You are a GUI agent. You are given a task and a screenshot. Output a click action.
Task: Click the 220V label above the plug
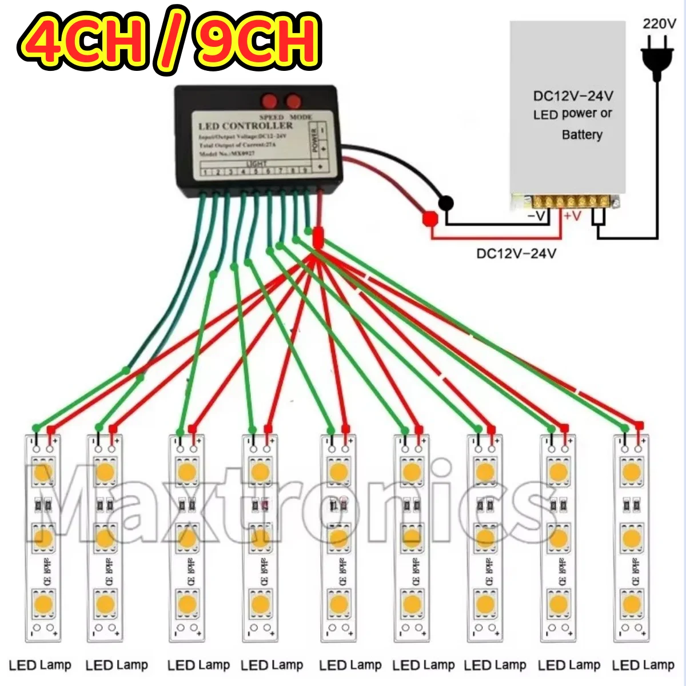(659, 23)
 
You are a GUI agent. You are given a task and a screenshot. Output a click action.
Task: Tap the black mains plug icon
(657, 58)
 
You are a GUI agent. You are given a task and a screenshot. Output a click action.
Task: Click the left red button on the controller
(269, 101)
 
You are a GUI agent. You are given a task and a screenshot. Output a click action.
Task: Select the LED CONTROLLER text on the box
(245, 126)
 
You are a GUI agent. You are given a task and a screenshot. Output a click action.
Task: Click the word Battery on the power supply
(582, 135)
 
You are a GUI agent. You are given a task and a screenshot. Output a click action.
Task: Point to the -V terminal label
(537, 216)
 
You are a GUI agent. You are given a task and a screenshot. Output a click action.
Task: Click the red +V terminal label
(572, 216)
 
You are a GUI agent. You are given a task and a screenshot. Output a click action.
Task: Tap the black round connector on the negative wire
(446, 203)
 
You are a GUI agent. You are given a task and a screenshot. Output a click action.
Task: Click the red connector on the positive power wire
(429, 218)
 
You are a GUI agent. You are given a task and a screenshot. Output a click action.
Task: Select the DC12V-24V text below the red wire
(516, 253)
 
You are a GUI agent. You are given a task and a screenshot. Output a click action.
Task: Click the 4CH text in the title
(86, 40)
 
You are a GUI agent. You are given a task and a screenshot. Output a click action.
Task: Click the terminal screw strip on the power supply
(572, 201)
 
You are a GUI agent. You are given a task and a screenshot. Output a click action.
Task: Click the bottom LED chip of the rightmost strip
(631, 603)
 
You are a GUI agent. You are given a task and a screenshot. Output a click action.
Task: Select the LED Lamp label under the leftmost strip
(40, 665)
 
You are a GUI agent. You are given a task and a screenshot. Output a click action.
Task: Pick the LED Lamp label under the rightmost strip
(643, 665)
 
